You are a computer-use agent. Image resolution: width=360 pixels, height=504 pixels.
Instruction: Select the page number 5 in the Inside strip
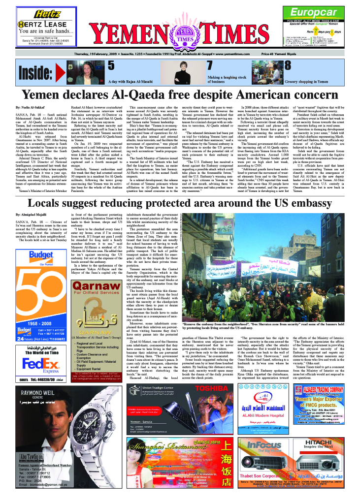click(111, 65)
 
